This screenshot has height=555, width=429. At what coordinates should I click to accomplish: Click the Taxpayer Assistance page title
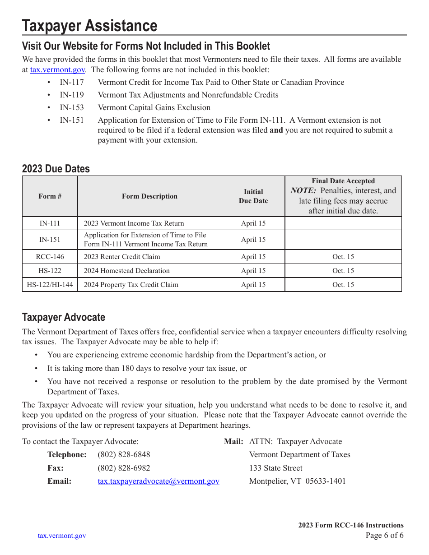tap(89, 26)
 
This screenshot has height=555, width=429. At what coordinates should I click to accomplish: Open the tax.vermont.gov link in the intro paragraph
tap(57, 70)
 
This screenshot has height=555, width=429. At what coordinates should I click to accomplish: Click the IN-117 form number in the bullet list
tap(72, 82)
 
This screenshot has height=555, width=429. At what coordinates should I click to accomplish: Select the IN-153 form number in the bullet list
tap(72, 107)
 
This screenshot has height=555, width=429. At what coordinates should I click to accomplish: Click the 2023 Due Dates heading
tap(56, 169)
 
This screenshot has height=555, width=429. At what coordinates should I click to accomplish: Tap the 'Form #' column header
tap(50, 196)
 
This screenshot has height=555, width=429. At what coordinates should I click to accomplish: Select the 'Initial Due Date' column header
tap(253, 196)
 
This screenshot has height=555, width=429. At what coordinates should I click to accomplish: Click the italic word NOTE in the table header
tap(303, 190)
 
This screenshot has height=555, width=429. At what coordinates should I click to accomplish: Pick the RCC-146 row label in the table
tap(50, 257)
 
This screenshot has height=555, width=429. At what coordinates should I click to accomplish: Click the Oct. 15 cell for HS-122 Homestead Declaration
tap(343, 271)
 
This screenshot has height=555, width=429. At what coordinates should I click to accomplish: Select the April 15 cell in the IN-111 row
tap(253, 223)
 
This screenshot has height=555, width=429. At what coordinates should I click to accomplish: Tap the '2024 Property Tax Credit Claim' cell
tap(131, 285)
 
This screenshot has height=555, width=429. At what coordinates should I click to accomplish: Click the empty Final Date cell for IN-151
tap(343, 240)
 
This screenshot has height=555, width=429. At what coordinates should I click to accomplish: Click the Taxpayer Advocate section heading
tap(64, 317)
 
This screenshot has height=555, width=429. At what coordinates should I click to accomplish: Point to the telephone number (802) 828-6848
tap(124, 454)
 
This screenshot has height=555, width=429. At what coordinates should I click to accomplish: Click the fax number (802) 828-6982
tap(124, 468)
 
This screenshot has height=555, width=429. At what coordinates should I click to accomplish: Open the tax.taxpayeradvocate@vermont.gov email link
tap(159, 481)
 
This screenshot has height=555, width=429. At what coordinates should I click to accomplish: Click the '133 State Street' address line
tap(276, 468)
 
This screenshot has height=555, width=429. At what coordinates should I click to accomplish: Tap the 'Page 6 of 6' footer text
tap(384, 536)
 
